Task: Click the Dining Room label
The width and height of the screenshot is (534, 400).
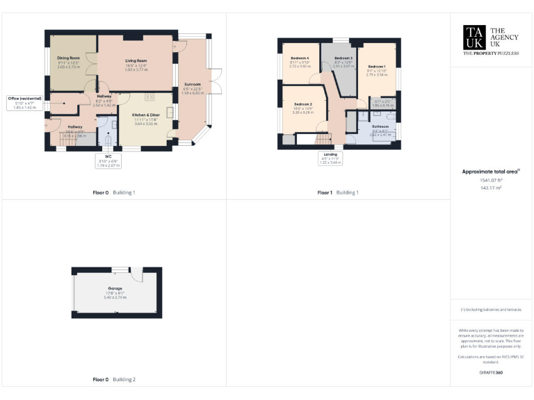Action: (x=68, y=58)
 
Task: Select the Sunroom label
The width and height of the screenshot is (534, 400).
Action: (x=193, y=85)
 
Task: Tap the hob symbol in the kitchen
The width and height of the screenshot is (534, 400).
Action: (x=149, y=97)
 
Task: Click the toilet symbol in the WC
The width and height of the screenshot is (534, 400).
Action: (x=108, y=140)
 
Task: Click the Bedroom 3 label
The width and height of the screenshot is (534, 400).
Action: (x=343, y=58)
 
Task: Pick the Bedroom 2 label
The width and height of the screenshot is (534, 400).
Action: (x=302, y=104)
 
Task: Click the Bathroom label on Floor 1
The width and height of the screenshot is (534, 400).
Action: (x=380, y=127)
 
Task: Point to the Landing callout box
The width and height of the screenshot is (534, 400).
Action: (x=330, y=158)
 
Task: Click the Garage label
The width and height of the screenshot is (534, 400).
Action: (x=115, y=287)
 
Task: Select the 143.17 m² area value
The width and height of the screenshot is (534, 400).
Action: (x=492, y=187)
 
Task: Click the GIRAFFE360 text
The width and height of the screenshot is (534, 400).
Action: (x=492, y=373)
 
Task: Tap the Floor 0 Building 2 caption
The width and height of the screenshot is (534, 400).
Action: (x=114, y=380)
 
